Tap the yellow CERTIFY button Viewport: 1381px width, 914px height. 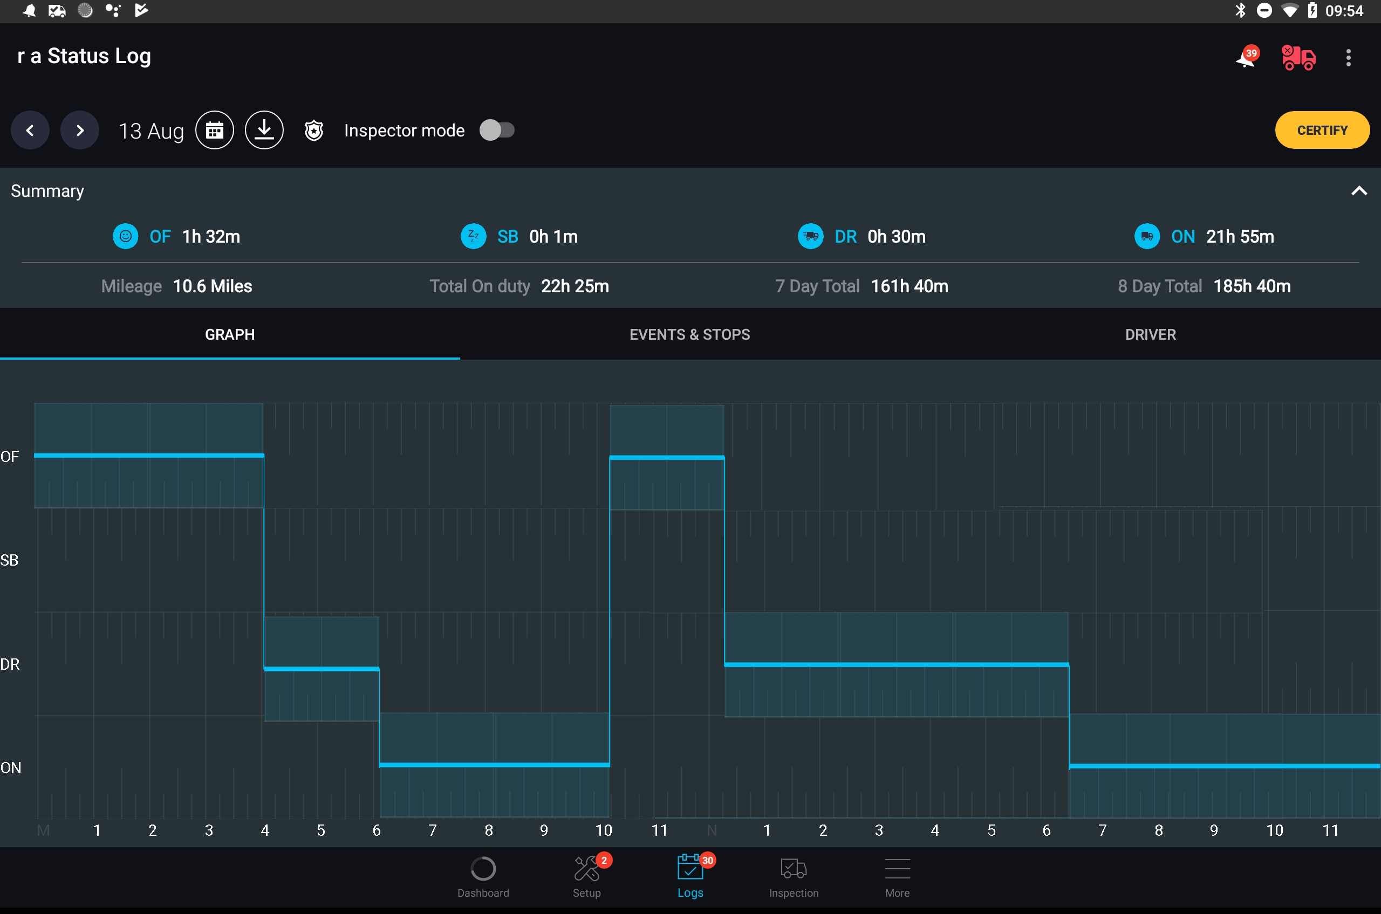(1322, 130)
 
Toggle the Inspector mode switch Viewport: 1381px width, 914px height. (497, 130)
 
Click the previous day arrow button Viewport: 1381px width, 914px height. (30, 130)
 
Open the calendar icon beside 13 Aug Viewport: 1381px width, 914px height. (215, 130)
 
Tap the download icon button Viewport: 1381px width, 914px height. (264, 130)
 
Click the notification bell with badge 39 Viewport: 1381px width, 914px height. (1247, 57)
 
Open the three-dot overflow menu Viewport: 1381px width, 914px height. (1348, 58)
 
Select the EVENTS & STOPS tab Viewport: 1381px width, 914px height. (690, 334)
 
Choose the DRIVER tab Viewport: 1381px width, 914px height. (1151, 334)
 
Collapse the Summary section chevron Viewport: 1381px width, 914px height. (1359, 190)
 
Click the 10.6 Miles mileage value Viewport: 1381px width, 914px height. (213, 286)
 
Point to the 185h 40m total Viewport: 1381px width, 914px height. (1252, 286)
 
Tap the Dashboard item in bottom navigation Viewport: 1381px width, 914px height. (483, 877)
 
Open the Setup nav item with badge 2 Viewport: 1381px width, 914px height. (587, 877)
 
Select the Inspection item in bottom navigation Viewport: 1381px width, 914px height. (794, 877)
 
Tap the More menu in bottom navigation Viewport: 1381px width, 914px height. (897, 877)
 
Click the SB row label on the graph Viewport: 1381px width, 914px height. (9, 560)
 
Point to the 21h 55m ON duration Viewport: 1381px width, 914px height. (1240, 237)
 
